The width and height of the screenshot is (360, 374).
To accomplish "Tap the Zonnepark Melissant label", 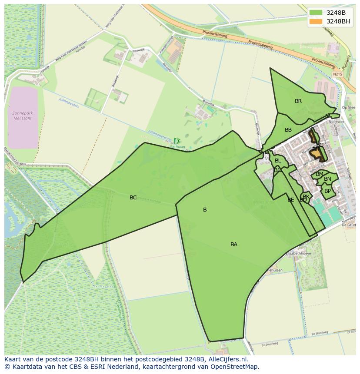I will click(x=23, y=116).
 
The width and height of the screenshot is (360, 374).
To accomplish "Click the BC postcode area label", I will click(x=133, y=198).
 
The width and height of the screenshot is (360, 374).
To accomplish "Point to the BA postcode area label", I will click(x=234, y=245).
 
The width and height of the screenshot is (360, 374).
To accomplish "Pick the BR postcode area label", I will click(x=298, y=101).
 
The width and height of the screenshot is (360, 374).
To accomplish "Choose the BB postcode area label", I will click(x=288, y=130).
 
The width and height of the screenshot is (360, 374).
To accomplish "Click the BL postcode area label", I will click(x=278, y=161).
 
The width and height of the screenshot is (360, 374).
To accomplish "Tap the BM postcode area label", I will click(x=320, y=174).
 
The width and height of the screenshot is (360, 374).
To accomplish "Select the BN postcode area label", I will click(x=327, y=179).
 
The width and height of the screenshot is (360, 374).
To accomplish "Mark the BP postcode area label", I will click(x=327, y=191).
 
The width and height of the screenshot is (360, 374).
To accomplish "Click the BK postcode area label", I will click(x=306, y=196).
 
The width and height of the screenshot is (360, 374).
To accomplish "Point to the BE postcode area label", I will click(x=290, y=200).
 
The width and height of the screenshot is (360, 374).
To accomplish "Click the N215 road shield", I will click(x=338, y=74).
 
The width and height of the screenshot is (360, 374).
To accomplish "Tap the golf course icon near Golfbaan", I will click(x=177, y=141).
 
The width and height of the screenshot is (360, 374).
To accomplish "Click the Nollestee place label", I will click(x=337, y=122).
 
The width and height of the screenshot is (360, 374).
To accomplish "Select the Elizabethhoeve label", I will click(x=298, y=253).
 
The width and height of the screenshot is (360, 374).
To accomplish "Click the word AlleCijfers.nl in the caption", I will click(x=227, y=359).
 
